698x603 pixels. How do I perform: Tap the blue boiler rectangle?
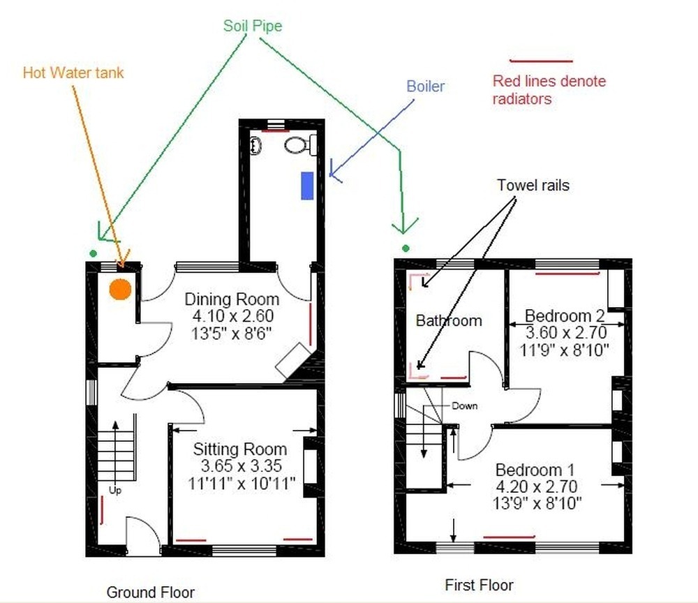click(x=307, y=185)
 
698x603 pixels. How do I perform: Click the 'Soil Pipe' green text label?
click(x=253, y=27)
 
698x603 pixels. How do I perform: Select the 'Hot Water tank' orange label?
click(x=73, y=73)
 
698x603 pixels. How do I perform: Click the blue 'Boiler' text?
click(x=426, y=87)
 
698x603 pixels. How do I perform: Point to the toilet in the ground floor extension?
click(x=297, y=146)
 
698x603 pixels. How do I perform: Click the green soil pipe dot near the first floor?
click(x=405, y=248)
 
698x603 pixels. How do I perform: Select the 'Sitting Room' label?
click(x=240, y=449)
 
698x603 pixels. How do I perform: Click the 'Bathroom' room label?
click(x=449, y=321)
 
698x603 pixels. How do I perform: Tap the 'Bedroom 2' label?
click(x=565, y=315)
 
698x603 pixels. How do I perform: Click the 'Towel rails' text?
click(x=533, y=185)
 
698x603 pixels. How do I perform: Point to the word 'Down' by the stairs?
click(x=464, y=405)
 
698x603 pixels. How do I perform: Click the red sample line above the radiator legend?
click(x=541, y=61)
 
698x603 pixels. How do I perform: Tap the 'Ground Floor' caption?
click(x=150, y=592)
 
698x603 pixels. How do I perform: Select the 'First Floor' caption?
click(x=479, y=585)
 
